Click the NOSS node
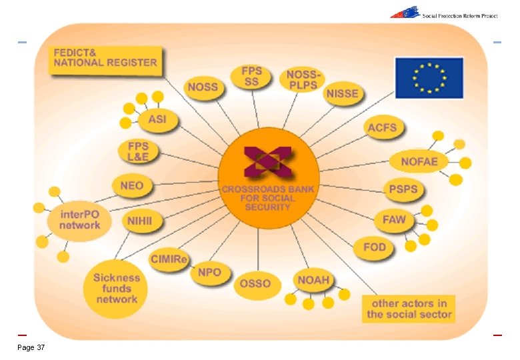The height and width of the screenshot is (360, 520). click(x=203, y=88)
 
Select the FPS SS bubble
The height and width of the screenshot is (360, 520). click(x=251, y=77)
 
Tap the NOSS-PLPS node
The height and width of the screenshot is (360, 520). click(x=301, y=80)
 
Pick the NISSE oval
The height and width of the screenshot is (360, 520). click(x=342, y=94)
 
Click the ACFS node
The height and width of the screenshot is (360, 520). click(x=382, y=127)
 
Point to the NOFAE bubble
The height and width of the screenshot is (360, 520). click(x=419, y=161)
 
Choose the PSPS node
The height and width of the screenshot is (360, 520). click(x=403, y=189)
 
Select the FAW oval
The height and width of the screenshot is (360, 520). click(x=393, y=219)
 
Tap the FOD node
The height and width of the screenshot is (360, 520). click(x=374, y=247)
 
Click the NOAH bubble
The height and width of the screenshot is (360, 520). click(x=313, y=279)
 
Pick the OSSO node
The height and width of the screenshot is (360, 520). click(x=255, y=283)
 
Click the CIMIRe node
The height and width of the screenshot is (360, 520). click(x=169, y=259)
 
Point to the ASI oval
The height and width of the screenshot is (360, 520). click(x=157, y=120)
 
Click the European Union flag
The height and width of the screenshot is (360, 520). click(x=429, y=78)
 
